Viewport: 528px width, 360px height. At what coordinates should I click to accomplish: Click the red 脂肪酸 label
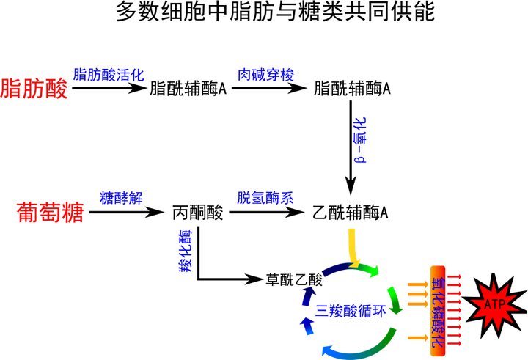pyautogui.click(x=34, y=89)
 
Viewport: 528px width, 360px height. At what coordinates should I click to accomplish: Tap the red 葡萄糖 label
pyautogui.click(x=51, y=213)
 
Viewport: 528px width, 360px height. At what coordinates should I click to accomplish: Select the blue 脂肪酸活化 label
pyautogui.click(x=109, y=75)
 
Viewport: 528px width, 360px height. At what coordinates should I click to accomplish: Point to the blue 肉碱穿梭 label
pyautogui.click(x=266, y=75)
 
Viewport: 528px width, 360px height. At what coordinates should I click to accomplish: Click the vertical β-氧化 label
pyautogui.click(x=360, y=140)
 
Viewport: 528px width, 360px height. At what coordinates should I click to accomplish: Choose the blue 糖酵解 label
pyautogui.click(x=121, y=198)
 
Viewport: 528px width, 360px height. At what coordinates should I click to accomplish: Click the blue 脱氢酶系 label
pyautogui.click(x=265, y=198)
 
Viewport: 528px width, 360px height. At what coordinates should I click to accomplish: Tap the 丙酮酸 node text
pyautogui.click(x=198, y=213)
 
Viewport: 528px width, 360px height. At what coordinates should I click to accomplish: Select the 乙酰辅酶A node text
pyautogui.click(x=351, y=213)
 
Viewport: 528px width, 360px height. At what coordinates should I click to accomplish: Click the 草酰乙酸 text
pyautogui.click(x=294, y=279)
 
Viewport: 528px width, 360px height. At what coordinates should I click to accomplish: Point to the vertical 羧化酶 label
pyautogui.click(x=186, y=251)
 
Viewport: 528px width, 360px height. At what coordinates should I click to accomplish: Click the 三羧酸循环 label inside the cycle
pyautogui.click(x=351, y=310)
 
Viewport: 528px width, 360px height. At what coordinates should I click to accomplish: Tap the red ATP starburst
pyautogui.click(x=494, y=305)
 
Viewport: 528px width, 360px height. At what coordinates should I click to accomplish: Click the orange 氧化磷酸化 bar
pyautogui.click(x=438, y=311)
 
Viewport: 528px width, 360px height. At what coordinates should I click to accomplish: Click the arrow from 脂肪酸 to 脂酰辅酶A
pyautogui.click(x=110, y=88)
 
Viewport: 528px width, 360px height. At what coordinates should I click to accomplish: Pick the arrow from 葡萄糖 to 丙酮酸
pyautogui.click(x=127, y=212)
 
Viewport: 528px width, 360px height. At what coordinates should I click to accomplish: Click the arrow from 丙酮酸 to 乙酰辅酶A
pyautogui.click(x=267, y=212)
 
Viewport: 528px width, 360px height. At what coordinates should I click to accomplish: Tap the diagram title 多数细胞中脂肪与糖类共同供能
pyautogui.click(x=276, y=12)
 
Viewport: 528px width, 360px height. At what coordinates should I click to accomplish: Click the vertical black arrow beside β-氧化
pyautogui.click(x=351, y=148)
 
